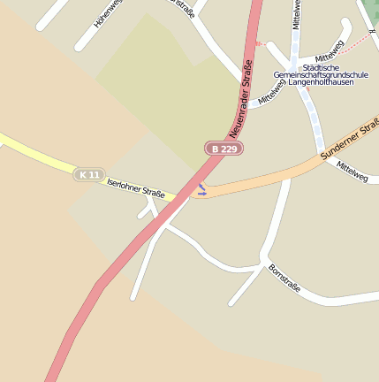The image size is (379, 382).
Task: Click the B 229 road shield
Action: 224,149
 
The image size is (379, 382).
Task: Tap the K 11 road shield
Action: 88,174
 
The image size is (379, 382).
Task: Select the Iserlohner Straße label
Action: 135,187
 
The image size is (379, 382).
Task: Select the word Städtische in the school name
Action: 319,67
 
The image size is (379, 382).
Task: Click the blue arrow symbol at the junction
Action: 201,189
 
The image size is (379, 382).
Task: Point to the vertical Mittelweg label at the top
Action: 298,14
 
